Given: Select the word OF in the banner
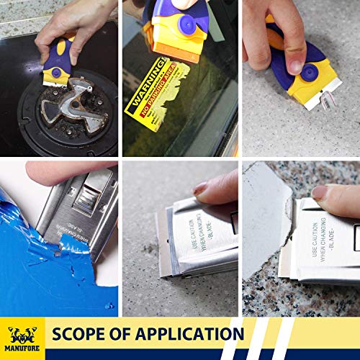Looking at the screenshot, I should point(123,335).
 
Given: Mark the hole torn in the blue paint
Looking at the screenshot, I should point(62,253).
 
